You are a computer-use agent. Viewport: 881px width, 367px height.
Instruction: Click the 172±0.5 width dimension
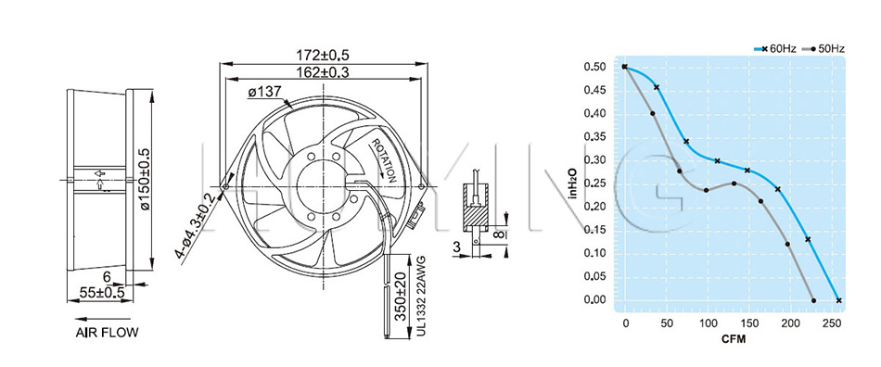(x=323, y=56)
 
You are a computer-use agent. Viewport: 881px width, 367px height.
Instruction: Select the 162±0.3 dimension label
(x=323, y=72)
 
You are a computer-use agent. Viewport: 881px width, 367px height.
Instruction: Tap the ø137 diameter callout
(x=263, y=92)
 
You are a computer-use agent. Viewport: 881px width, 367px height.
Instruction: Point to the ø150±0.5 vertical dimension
(x=146, y=180)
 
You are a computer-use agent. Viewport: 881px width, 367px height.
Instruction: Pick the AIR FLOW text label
(x=107, y=332)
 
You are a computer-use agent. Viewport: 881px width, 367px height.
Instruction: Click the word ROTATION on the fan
(x=384, y=159)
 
